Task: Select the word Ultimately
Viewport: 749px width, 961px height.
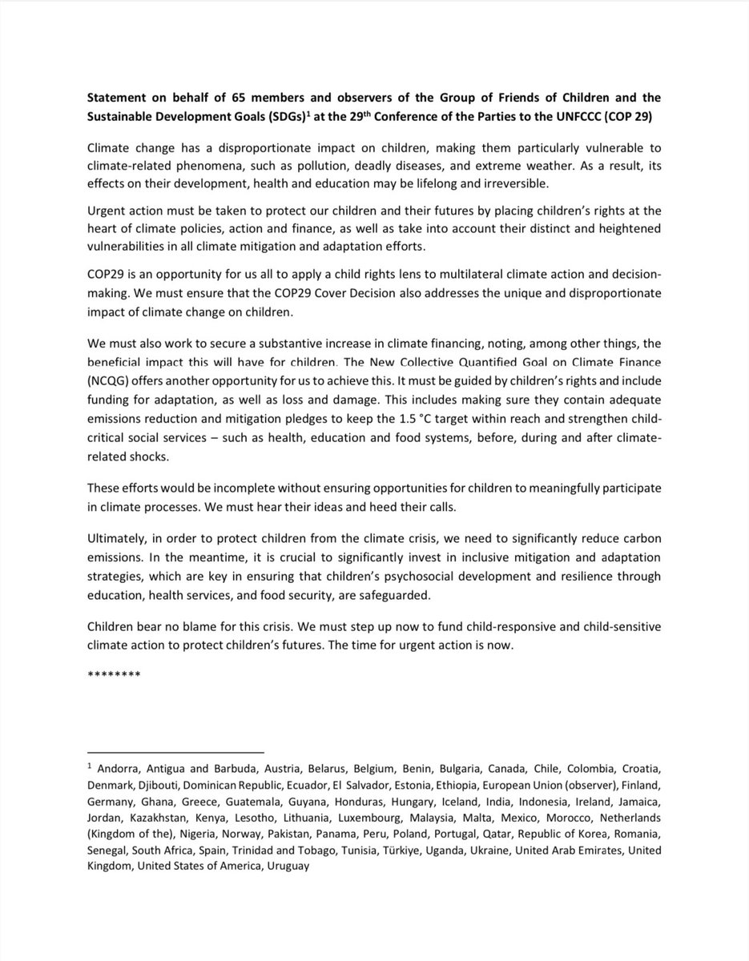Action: pos(115,539)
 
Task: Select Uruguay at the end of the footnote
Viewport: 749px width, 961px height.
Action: pos(282,867)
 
